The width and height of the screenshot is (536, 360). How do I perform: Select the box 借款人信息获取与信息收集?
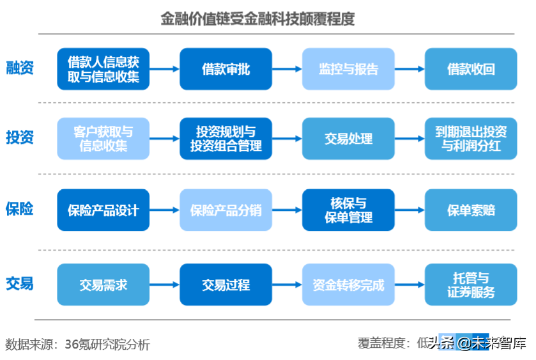103,69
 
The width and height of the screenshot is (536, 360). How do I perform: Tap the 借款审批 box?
226,69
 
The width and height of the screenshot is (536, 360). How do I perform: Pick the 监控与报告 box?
348,69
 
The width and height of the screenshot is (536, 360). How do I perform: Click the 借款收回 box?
471,69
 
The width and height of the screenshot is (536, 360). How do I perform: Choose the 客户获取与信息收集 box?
103,139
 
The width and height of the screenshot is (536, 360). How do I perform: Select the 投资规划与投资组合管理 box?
226,139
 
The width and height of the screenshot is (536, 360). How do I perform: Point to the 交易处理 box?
348,139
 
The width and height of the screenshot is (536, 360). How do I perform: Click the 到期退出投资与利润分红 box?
471,139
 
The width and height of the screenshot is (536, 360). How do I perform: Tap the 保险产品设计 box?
103,210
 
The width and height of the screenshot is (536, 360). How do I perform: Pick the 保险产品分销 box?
226,210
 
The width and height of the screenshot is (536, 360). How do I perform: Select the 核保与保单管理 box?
348,210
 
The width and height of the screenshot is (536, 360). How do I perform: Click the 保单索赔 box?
471,210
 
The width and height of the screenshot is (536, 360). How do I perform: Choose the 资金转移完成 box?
348,285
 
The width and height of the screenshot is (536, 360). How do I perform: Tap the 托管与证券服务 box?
471,285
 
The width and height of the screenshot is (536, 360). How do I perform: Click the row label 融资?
20,68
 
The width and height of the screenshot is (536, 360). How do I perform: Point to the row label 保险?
20,209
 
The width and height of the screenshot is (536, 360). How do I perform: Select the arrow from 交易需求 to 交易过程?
164,285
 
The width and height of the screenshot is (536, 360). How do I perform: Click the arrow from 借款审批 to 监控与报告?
287,69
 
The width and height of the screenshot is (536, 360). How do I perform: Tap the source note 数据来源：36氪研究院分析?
77,345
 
